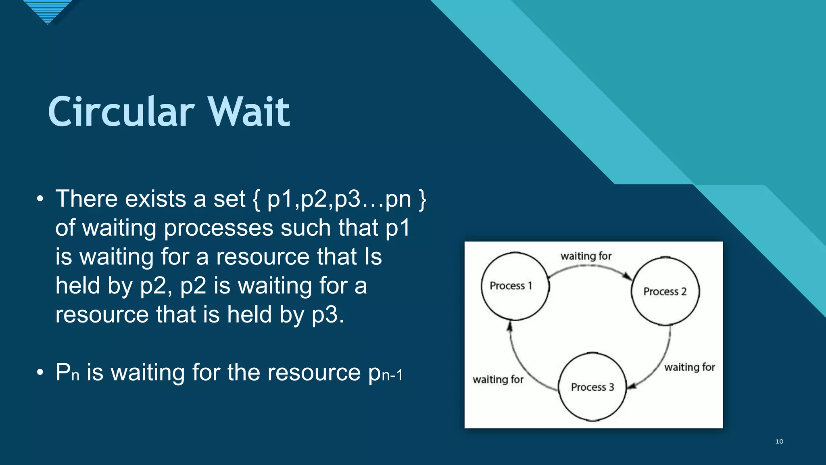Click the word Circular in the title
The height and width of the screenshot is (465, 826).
(x=121, y=112)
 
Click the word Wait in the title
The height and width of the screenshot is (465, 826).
(x=248, y=112)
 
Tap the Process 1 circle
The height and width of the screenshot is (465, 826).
(x=515, y=286)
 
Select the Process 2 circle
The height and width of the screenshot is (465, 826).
(x=665, y=291)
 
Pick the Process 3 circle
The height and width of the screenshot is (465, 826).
(x=592, y=387)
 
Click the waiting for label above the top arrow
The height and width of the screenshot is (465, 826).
(x=586, y=256)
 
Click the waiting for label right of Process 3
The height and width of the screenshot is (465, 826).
(x=690, y=367)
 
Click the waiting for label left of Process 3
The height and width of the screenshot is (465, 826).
(x=498, y=379)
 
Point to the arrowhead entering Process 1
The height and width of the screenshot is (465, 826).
(x=510, y=326)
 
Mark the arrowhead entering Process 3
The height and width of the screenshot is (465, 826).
(x=632, y=385)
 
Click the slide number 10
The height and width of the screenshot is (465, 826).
(x=779, y=441)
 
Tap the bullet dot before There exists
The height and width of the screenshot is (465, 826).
(x=40, y=199)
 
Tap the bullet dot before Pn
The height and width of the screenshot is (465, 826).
(x=40, y=372)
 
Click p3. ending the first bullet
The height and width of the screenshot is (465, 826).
(x=328, y=315)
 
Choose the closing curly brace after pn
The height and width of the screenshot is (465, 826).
(x=422, y=200)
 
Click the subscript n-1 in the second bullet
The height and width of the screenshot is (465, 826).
(x=392, y=375)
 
